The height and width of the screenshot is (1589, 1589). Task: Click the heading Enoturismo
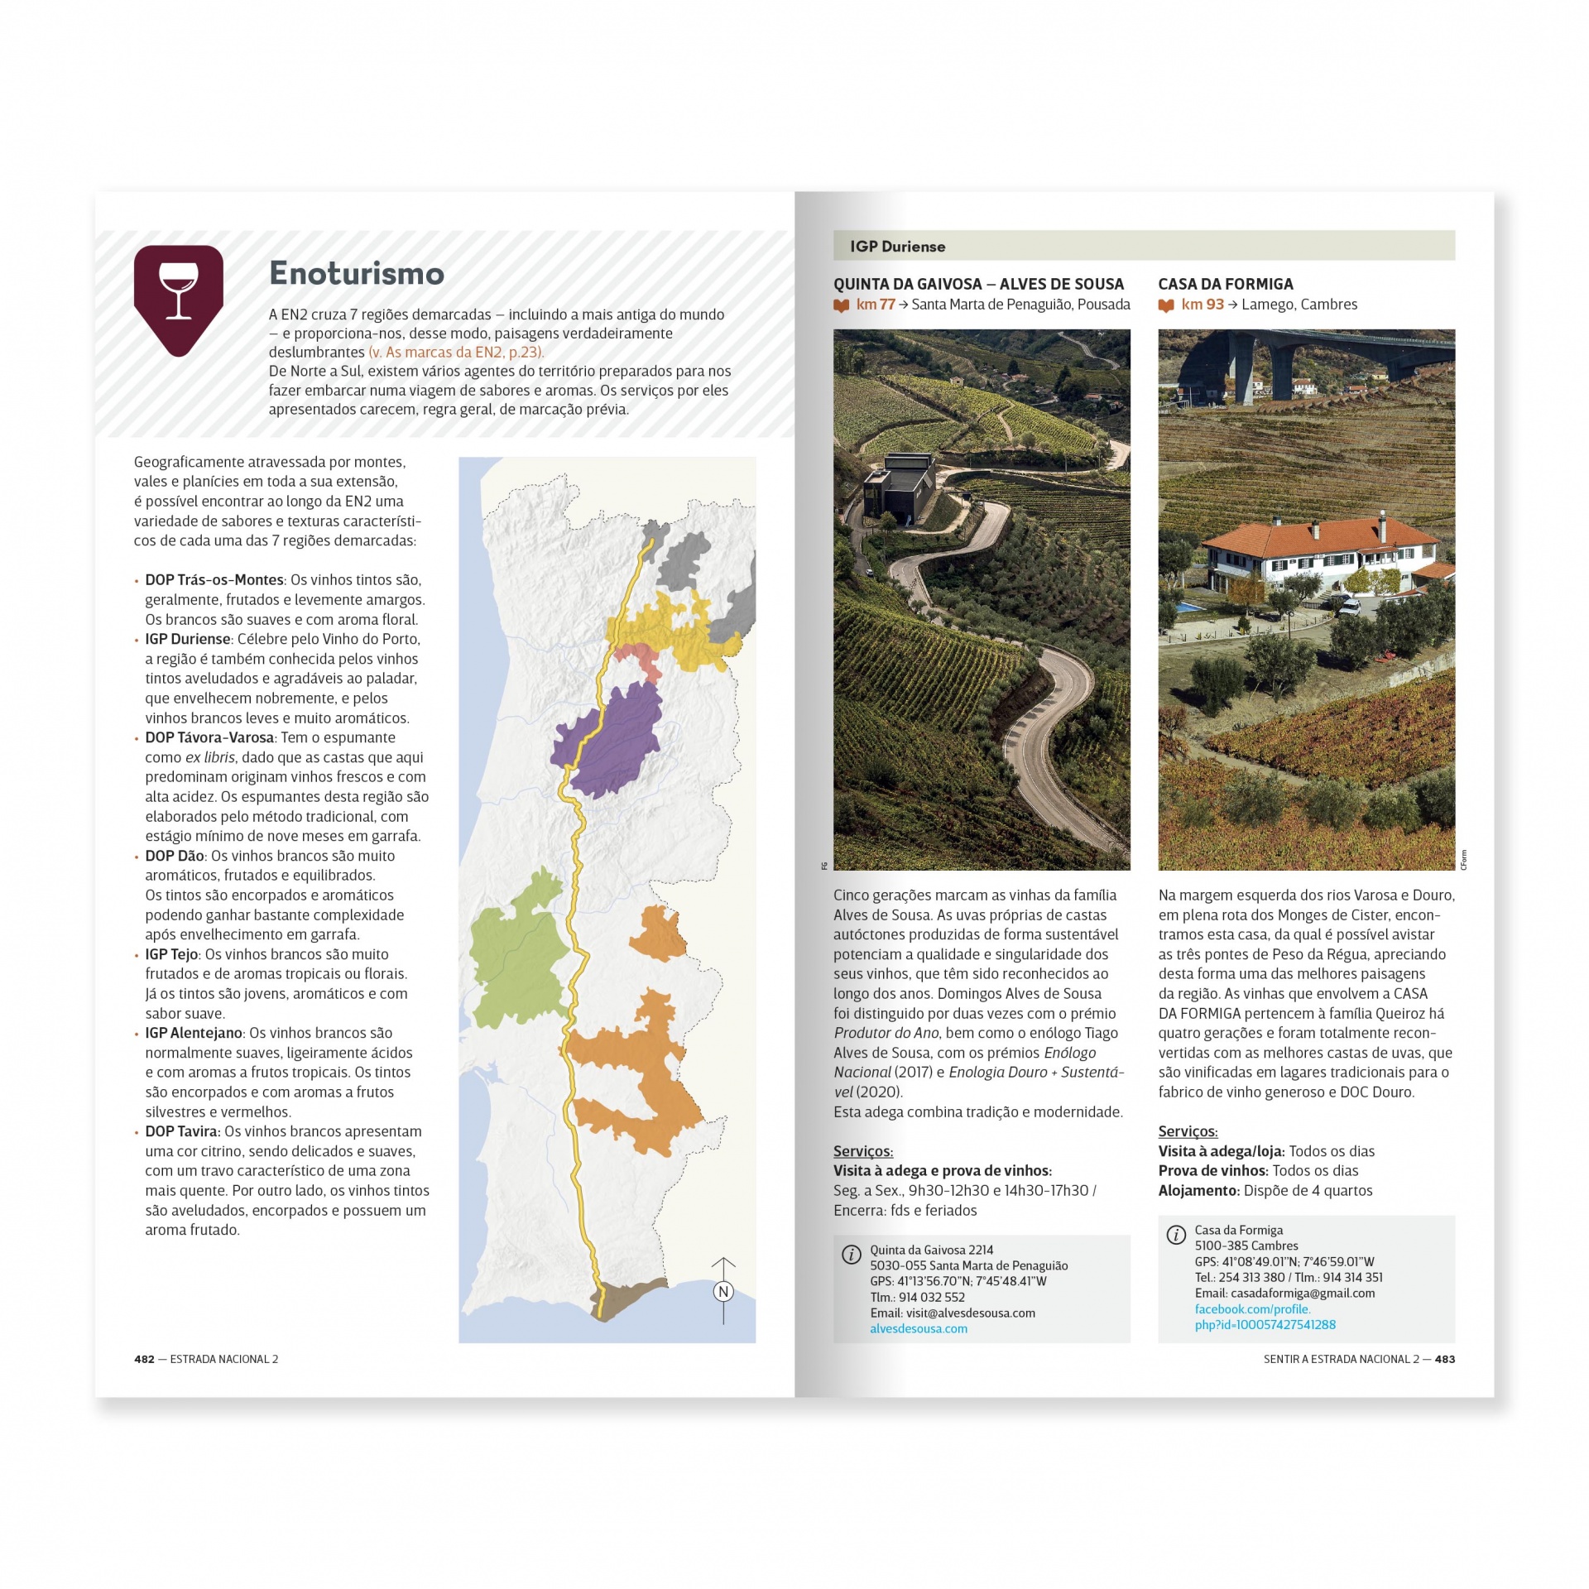[x=357, y=273]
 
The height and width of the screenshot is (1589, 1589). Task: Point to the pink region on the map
[x=640, y=659]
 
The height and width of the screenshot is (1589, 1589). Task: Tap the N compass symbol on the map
[x=723, y=1291]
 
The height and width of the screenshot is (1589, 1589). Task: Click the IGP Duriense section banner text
[x=897, y=247]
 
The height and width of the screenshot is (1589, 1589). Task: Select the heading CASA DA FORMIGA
[x=1225, y=284]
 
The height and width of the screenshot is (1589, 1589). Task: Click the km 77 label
[x=875, y=305]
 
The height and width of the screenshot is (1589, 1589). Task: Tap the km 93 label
[x=1202, y=305]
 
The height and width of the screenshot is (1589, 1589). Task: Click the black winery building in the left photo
[x=900, y=488]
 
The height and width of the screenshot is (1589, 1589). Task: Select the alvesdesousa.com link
[x=918, y=1328]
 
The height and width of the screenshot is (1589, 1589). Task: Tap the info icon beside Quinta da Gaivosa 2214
[x=851, y=1254]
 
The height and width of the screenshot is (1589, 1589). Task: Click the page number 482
[x=144, y=1359]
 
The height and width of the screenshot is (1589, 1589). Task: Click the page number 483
[x=1444, y=1359]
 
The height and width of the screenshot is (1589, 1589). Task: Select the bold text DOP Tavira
[x=182, y=1131]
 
